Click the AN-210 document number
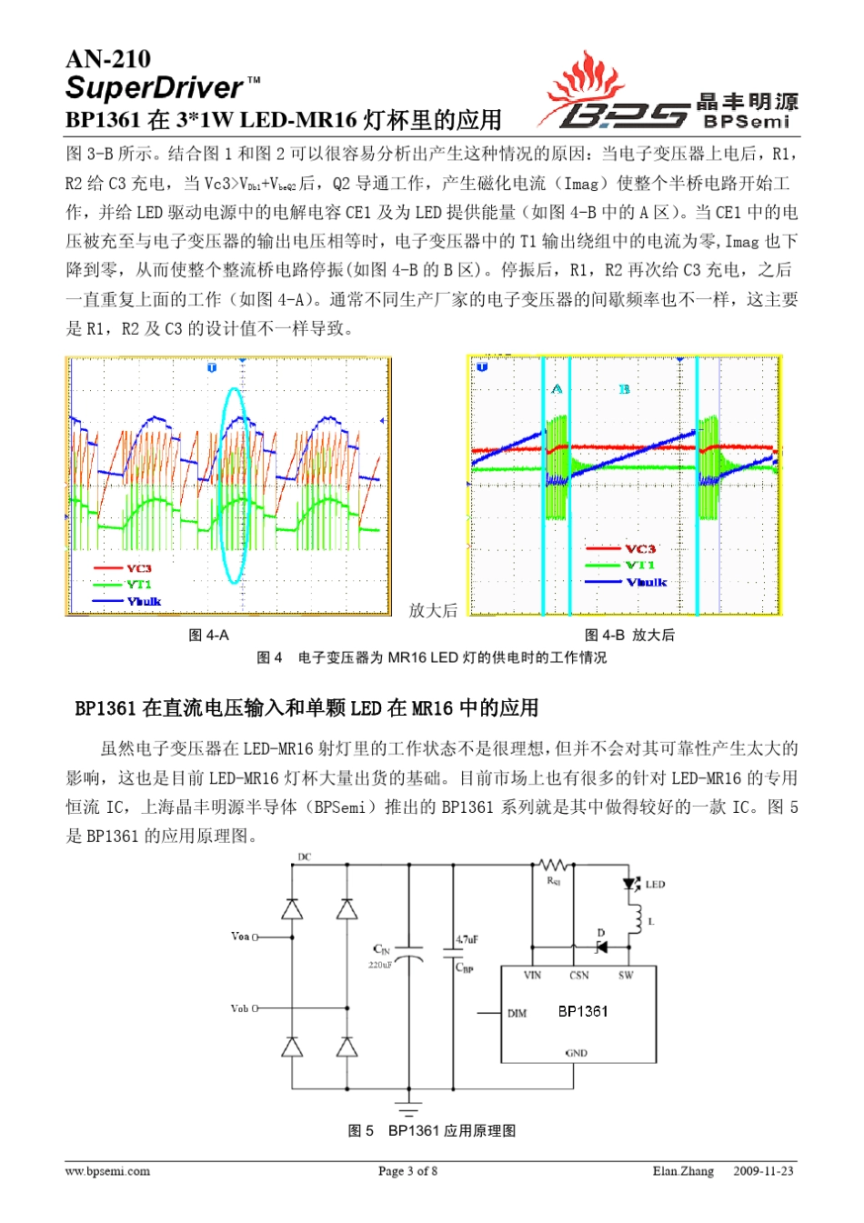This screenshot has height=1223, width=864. point(108,59)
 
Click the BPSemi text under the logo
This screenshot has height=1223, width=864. point(747,122)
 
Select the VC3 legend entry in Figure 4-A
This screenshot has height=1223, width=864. point(138,568)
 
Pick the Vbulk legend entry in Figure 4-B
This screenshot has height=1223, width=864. point(646,582)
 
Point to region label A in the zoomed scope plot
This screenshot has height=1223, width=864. point(557,389)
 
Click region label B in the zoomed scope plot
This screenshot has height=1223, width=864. point(624,389)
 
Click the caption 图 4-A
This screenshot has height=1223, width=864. point(208,635)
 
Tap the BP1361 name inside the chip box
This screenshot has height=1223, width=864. point(583,1011)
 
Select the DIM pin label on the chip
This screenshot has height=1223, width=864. point(517,1013)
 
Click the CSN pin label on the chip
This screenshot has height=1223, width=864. point(579,976)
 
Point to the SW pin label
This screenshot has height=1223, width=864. point(626,976)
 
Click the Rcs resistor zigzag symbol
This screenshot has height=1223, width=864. point(553,865)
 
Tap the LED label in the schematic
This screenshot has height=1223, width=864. point(655,884)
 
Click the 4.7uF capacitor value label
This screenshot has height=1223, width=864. point(467,939)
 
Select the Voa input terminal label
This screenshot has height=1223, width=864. point(240,936)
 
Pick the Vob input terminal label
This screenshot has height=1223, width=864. point(240,1008)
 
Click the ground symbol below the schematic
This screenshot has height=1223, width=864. point(408,1109)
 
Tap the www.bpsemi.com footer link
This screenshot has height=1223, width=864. point(107,1171)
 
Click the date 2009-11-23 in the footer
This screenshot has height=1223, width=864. point(763,1171)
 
